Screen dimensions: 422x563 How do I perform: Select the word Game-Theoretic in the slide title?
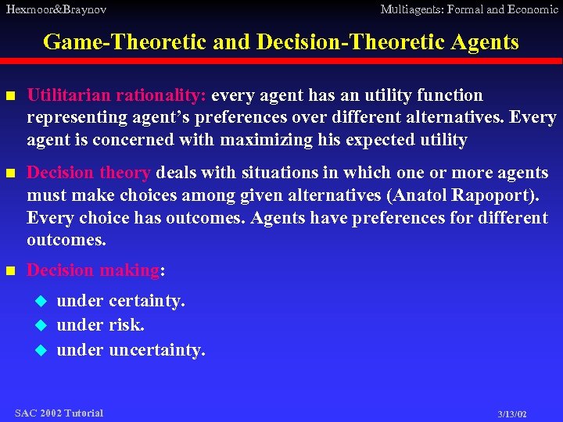pyautogui.click(x=124, y=41)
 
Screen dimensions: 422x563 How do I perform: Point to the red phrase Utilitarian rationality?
pyautogui.click(x=117, y=95)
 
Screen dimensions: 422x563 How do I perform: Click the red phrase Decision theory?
pyautogui.click(x=88, y=173)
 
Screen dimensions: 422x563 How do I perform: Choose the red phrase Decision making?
pyautogui.click(x=93, y=270)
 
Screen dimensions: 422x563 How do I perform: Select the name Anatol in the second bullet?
pyautogui.click(x=429, y=195)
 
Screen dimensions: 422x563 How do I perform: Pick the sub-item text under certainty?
pyautogui.click(x=121, y=301)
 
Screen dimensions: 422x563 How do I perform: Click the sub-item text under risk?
pyautogui.click(x=101, y=325)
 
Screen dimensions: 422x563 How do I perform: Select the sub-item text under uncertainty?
pyautogui.click(x=131, y=349)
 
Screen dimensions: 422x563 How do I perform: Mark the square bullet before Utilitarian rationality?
pyautogui.click(x=10, y=96)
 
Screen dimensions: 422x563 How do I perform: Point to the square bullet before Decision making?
pyautogui.click(x=10, y=271)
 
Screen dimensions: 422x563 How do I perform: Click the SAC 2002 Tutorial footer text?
pyautogui.click(x=59, y=413)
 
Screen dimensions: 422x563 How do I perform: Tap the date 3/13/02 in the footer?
pyautogui.click(x=512, y=414)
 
